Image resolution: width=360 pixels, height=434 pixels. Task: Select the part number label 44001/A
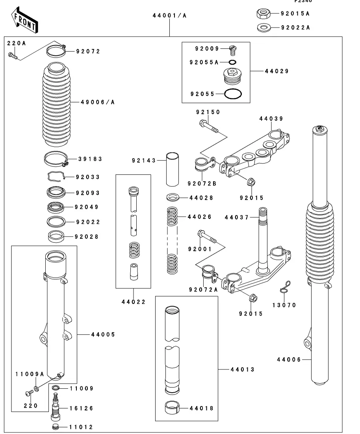coord(169,16)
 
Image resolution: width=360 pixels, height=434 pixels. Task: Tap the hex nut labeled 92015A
coord(263,14)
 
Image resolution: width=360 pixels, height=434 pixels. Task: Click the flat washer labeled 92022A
coord(263,28)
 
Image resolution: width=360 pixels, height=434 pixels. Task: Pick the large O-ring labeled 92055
coord(233,94)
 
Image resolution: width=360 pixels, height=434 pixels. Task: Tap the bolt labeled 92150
coord(209,127)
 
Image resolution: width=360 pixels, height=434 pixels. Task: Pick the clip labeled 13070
coord(285,287)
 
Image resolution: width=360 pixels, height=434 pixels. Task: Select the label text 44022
coord(134,302)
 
